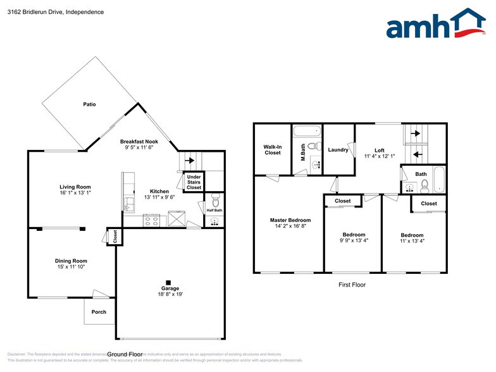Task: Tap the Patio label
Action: point(89,104)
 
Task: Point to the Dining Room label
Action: point(71,261)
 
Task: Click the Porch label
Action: point(99,312)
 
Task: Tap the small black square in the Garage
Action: point(168,282)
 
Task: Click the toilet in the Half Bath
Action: point(214,202)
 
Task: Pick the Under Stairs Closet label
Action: point(194,182)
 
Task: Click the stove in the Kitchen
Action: point(152,221)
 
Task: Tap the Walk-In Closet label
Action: point(272,149)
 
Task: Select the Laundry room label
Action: point(338,150)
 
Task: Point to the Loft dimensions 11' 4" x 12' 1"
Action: point(380,156)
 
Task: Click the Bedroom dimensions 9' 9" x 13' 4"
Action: point(354,241)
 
